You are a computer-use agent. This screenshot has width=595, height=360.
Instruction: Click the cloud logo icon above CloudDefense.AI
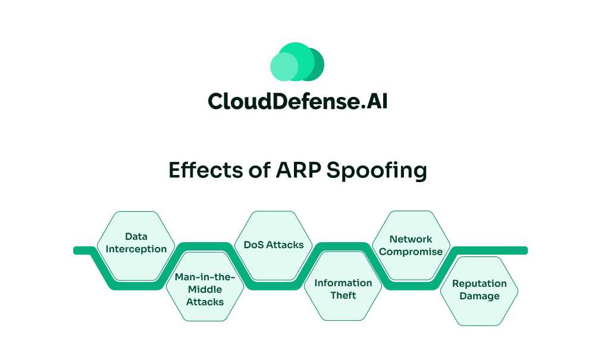[x=297, y=62]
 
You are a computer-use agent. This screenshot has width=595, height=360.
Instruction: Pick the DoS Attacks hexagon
[x=274, y=245]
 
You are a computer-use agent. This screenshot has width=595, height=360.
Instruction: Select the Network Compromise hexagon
[x=411, y=245]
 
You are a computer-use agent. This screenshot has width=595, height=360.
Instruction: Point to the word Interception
[x=136, y=249]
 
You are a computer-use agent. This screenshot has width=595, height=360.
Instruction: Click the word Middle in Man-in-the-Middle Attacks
[x=205, y=289]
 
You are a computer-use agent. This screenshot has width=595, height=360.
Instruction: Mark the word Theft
[x=343, y=295]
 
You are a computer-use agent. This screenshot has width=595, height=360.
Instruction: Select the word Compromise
[x=411, y=251]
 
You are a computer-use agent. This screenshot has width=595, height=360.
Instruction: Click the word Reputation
[x=479, y=283]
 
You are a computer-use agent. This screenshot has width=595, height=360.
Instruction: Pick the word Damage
[x=479, y=296]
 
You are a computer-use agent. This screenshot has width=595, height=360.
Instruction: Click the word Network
[x=411, y=239]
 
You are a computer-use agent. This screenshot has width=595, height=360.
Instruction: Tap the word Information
[x=343, y=283]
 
